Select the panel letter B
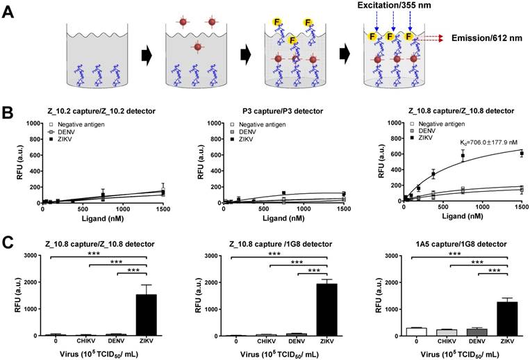9,111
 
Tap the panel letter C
9,243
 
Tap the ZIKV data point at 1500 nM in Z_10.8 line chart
521,154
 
